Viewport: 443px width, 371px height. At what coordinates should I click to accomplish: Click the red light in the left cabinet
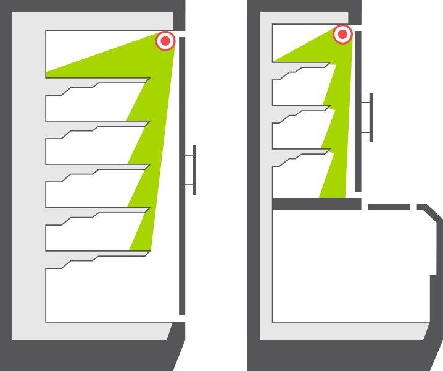point(165,41)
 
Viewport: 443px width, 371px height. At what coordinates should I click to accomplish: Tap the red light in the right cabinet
point(342,34)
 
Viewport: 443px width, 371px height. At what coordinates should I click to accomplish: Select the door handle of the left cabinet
point(194,169)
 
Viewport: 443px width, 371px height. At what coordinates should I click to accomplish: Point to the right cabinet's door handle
point(370,117)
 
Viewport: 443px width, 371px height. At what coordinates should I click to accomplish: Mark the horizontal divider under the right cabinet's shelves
point(316,204)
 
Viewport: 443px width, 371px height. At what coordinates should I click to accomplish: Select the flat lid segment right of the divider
point(389,207)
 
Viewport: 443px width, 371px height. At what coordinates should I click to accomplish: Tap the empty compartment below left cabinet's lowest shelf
point(111,294)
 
